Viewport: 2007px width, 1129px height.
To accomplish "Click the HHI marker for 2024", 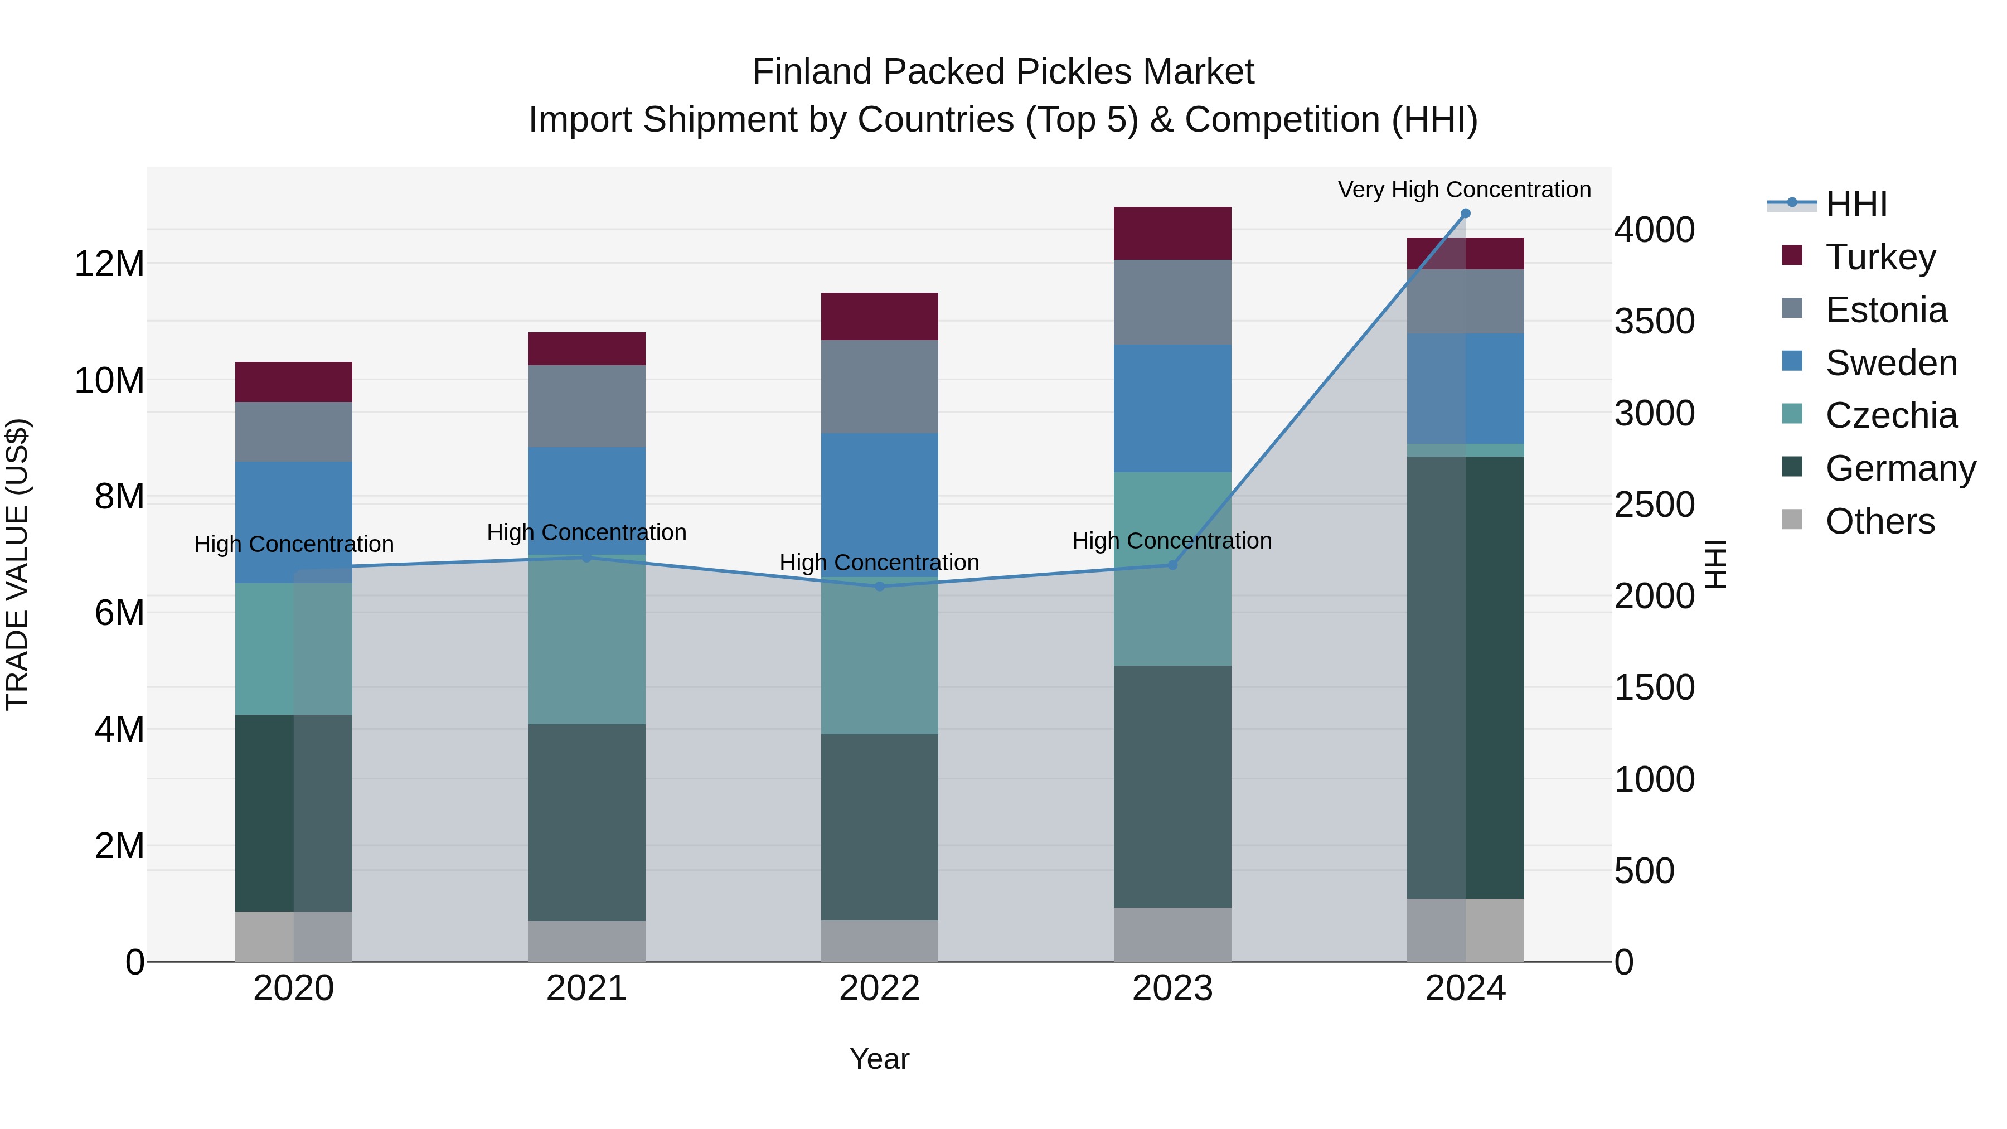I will click(1465, 214).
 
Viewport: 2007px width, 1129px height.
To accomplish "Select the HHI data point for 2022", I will click(880, 586).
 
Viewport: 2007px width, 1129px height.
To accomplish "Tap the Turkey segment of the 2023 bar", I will click(1172, 233).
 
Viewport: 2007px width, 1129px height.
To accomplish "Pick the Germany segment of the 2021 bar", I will click(586, 822).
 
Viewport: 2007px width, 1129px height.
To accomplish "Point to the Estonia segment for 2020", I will click(294, 432).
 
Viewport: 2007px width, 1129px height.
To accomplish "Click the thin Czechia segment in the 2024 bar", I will click(1465, 450).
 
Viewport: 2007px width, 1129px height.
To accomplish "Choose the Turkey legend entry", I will click(1880, 256).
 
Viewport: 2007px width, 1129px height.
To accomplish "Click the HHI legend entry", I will click(1856, 204).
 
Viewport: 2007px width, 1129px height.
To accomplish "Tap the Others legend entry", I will click(1879, 521).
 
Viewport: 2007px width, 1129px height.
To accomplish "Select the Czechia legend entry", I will click(1891, 415).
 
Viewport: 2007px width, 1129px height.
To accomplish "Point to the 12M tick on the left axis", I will click(109, 264).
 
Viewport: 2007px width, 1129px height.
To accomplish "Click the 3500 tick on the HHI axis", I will click(1654, 321).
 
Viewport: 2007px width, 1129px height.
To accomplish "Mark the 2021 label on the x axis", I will click(586, 989).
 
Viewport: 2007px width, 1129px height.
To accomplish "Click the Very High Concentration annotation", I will click(1464, 190).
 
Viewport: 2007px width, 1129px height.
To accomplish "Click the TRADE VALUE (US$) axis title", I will click(17, 564).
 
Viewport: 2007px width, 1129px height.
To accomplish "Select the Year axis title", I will click(880, 1059).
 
